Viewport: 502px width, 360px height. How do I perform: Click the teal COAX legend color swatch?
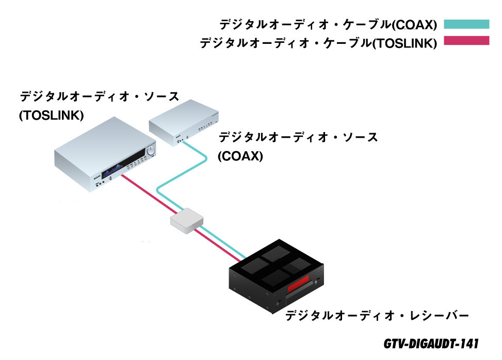(x=466, y=24)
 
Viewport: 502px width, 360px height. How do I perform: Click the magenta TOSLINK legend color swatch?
(x=466, y=41)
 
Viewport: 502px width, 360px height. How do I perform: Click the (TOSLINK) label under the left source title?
(x=51, y=115)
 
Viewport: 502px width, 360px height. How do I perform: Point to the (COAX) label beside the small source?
(x=240, y=156)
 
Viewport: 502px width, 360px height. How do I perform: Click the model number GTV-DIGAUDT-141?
(x=431, y=343)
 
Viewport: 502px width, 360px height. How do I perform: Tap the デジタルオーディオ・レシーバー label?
(x=377, y=316)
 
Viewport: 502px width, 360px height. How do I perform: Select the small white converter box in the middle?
(x=187, y=220)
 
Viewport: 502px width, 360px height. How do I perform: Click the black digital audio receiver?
(x=277, y=276)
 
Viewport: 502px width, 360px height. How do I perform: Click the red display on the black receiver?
(x=298, y=284)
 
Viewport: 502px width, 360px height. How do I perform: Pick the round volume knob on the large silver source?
(x=151, y=151)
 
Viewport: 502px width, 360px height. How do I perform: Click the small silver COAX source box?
(x=184, y=123)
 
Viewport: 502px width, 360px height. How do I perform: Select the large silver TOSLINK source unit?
(x=105, y=154)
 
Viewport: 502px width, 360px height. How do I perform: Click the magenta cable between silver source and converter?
(x=149, y=194)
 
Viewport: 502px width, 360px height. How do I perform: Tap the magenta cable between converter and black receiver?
(x=216, y=245)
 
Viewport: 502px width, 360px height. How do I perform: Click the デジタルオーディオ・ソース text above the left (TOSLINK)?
(x=99, y=96)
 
